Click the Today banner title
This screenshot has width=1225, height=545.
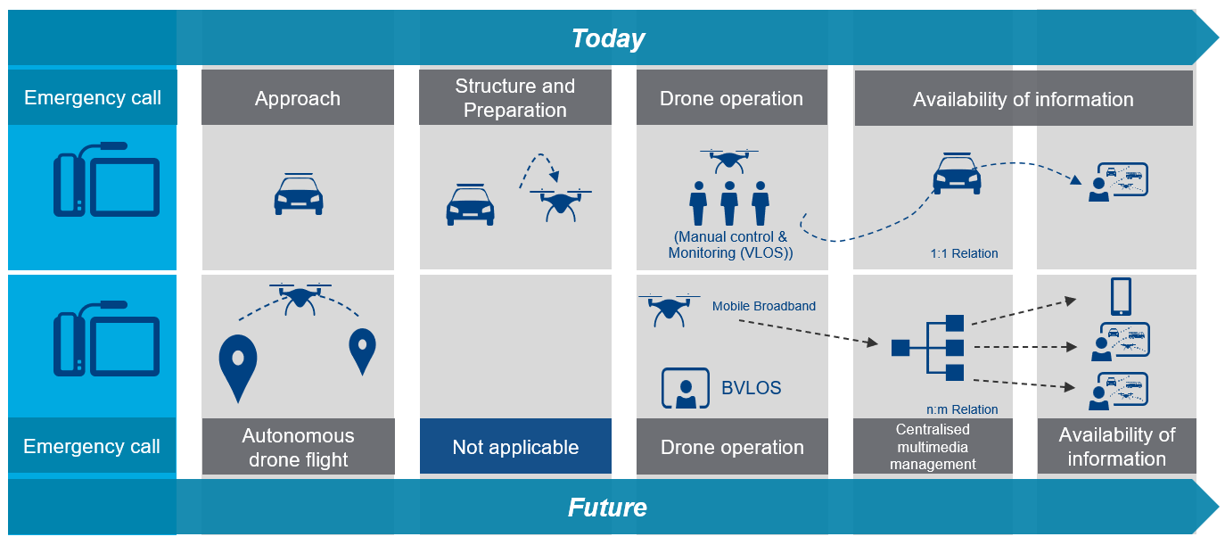click(x=608, y=38)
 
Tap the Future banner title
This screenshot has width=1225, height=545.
click(x=607, y=508)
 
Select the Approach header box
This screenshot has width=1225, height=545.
click(x=298, y=98)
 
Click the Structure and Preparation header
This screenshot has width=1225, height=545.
click(x=515, y=98)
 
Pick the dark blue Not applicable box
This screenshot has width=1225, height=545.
click(x=515, y=447)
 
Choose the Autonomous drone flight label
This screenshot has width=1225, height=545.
click(x=298, y=447)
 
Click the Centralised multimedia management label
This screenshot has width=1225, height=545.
click(x=933, y=447)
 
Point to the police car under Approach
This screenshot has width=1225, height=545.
click(x=298, y=194)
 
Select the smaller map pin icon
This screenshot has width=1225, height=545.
click(x=362, y=351)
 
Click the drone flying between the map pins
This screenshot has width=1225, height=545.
click(x=300, y=297)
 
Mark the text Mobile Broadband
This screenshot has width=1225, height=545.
click(x=764, y=306)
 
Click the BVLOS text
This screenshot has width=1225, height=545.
click(x=751, y=388)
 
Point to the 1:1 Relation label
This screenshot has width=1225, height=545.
click(x=963, y=253)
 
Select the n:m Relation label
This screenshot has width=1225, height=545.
click(x=963, y=409)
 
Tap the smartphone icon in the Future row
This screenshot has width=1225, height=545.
click(x=1121, y=297)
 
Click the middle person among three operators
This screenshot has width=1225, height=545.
click(x=729, y=203)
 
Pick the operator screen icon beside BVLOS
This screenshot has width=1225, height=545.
click(x=685, y=388)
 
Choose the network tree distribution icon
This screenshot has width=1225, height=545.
click(x=928, y=347)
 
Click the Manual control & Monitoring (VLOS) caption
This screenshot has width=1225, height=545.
click(x=731, y=245)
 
